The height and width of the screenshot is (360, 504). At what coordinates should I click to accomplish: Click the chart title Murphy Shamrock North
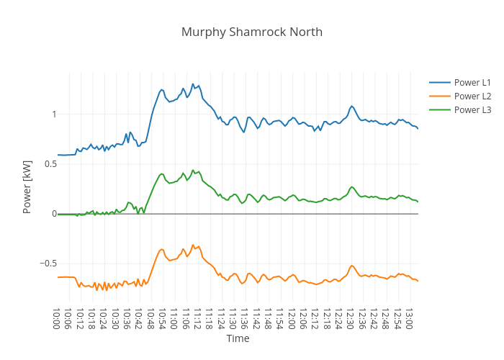pos(252,32)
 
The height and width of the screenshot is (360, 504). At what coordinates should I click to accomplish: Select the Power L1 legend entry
pos(472,82)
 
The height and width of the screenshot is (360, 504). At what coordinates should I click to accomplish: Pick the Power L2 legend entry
pos(472,96)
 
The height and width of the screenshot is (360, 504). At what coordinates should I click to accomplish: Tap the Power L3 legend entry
pos(472,109)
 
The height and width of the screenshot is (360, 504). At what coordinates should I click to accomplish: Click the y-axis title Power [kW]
pos(27,186)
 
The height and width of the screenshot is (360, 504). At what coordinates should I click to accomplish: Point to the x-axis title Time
pos(238,338)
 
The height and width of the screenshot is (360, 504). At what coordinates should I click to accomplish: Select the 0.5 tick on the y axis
pos(48,164)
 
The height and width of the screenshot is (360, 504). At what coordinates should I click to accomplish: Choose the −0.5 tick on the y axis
pos(46,264)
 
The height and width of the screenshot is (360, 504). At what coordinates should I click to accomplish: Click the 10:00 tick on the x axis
pos(57,318)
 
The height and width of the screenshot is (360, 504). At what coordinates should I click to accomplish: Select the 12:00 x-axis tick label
pos(290,318)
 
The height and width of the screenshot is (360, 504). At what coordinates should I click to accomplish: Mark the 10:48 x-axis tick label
pos(150,318)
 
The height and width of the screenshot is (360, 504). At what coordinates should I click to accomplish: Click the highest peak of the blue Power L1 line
pos(193,84)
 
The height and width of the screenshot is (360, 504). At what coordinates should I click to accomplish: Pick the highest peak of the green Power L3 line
pos(193,170)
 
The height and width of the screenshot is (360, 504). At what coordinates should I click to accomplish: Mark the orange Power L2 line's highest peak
pos(193,245)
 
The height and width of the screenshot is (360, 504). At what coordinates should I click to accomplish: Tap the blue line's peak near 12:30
pos(351,106)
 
